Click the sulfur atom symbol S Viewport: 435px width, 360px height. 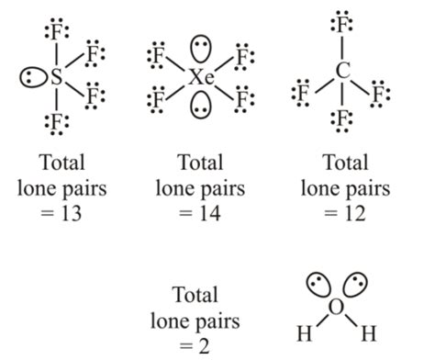[x=57, y=78]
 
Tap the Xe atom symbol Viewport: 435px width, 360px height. [x=201, y=78]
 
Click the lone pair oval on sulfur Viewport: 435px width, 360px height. [x=30, y=78]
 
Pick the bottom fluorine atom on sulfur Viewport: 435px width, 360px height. [x=57, y=122]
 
